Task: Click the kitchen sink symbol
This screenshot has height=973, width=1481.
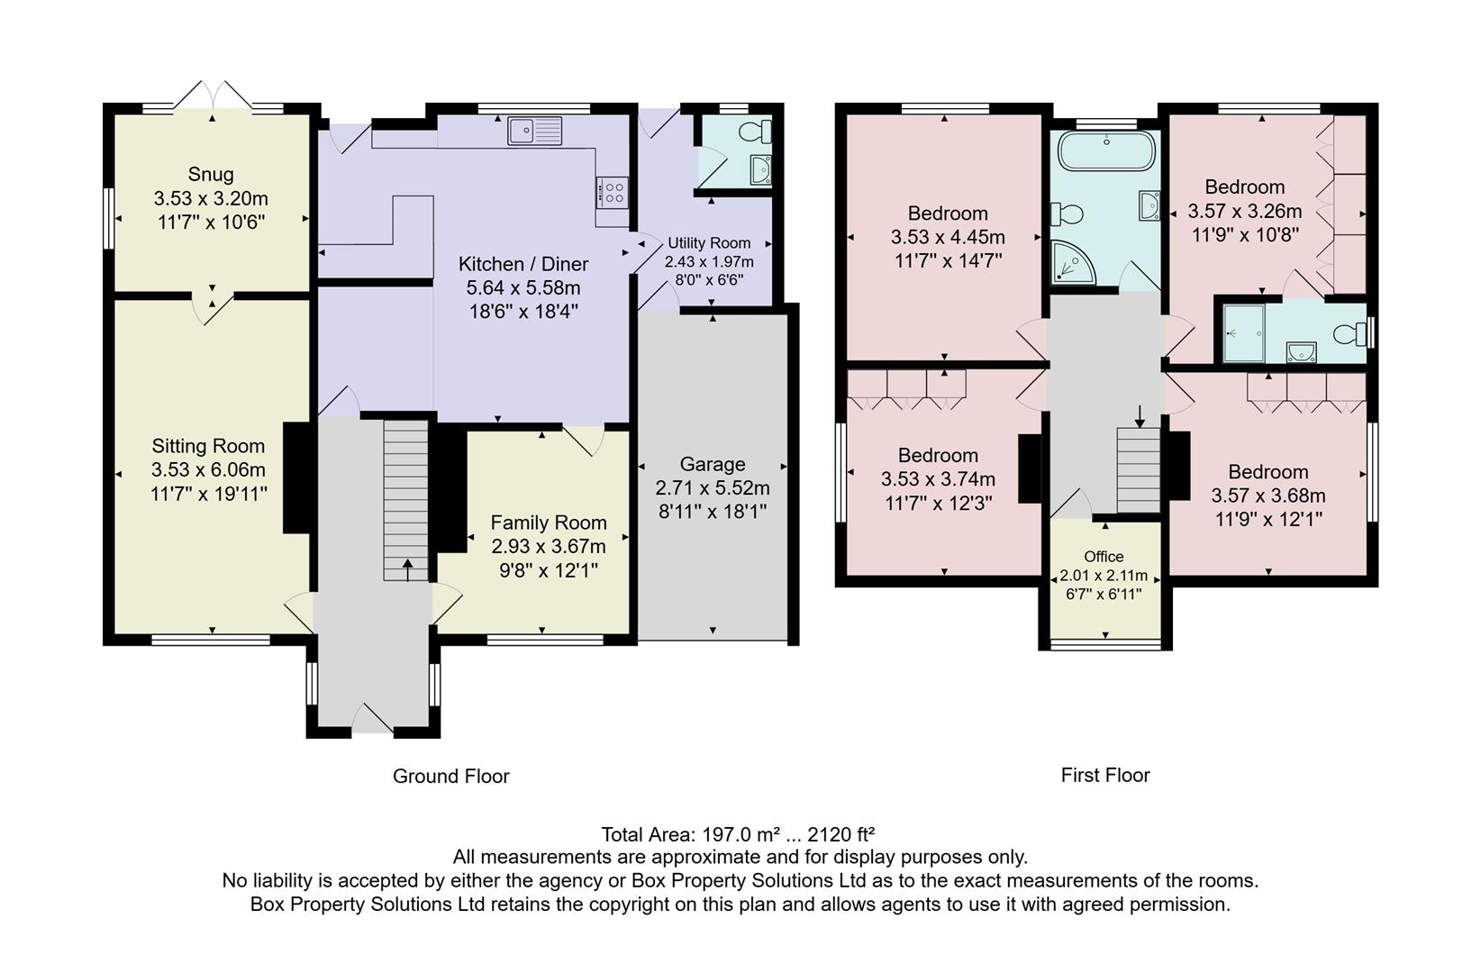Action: (534, 131)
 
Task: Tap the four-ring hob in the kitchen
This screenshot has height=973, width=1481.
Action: (612, 192)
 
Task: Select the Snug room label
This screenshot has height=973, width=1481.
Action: (211, 174)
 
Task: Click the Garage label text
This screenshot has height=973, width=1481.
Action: (712, 464)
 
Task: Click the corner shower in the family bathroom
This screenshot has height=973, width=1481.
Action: (1070, 262)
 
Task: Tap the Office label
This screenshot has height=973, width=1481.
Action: (1104, 556)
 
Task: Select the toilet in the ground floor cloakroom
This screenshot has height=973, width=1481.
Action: (754, 132)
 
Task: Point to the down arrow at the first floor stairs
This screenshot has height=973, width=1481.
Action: (1140, 416)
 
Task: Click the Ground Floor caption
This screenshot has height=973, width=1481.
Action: (450, 776)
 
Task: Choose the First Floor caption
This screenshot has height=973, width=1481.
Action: (1104, 775)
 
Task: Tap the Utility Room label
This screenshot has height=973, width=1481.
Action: (709, 243)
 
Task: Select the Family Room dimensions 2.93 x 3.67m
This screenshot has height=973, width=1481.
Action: (548, 546)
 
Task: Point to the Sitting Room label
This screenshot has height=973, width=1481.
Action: (208, 446)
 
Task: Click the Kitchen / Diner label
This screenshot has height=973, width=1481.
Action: (523, 264)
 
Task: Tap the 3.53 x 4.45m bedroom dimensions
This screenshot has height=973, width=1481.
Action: (948, 237)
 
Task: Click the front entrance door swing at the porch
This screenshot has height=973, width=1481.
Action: (372, 718)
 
